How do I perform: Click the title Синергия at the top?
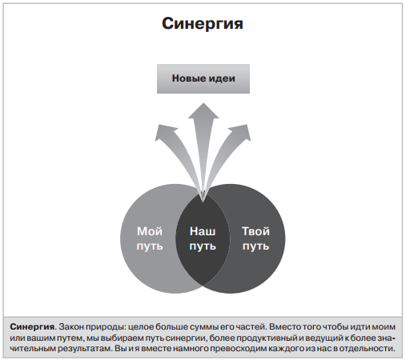coord(203,24)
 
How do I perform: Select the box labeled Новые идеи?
coord(203,78)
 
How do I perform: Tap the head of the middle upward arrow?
coord(203,110)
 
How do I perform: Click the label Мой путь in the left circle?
coord(150,238)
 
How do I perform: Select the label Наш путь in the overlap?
coord(203,238)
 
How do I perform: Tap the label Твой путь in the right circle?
coord(255,238)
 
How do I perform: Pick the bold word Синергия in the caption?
coord(32,326)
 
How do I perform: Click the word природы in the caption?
coord(106,327)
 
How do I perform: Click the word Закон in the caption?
coord(70,327)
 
